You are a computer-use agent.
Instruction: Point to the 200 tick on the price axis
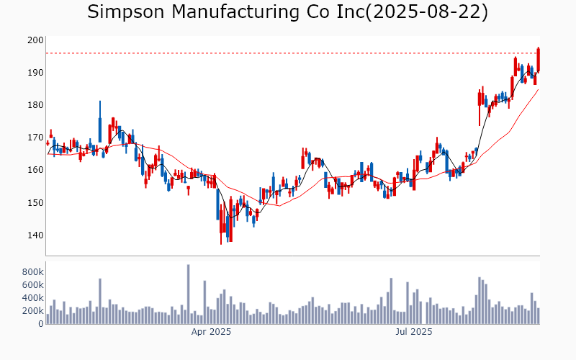pyautogui.click(x=35, y=40)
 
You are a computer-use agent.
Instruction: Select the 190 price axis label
pyautogui.click(x=35, y=73)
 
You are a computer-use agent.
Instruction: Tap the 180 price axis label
pyautogui.click(x=35, y=105)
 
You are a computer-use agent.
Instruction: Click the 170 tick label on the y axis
pyautogui.click(x=35, y=138)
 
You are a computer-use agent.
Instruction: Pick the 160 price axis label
pyautogui.click(x=35, y=170)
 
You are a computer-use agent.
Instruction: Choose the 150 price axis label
pyautogui.click(x=35, y=202)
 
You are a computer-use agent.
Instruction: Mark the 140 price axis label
pyautogui.click(x=35, y=235)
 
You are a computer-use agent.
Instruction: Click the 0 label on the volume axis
pyautogui.click(x=40, y=324)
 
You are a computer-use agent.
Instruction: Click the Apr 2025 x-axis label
pyautogui.click(x=211, y=332)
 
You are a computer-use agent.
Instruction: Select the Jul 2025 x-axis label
pyautogui.click(x=414, y=332)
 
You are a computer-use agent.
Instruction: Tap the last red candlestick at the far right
pyautogui.click(x=539, y=60)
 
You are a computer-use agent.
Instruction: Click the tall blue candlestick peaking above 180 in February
pyautogui.click(x=100, y=122)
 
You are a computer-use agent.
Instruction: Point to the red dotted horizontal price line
pyautogui.click(x=288, y=53)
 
